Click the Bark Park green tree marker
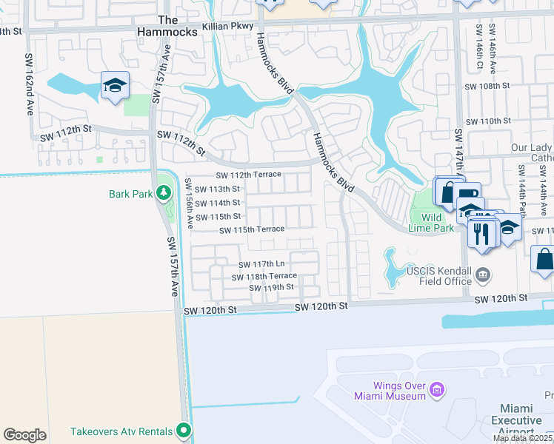pyautogui.click(x=164, y=194)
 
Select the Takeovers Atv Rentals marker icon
pyautogui.click(x=184, y=431)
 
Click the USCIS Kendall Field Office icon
pyautogui.click(x=483, y=275)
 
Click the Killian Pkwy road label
pyautogui.click(x=233, y=24)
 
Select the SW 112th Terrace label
pyautogui.click(x=248, y=175)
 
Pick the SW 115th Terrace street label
pyautogui.click(x=252, y=229)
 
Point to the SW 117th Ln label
pyautogui.click(x=261, y=264)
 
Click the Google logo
pyautogui.click(x=24, y=435)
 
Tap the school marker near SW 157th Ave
pyautogui.click(x=115, y=85)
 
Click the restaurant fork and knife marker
pyautogui.click(x=483, y=234)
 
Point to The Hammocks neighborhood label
pyautogui.click(x=168, y=27)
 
